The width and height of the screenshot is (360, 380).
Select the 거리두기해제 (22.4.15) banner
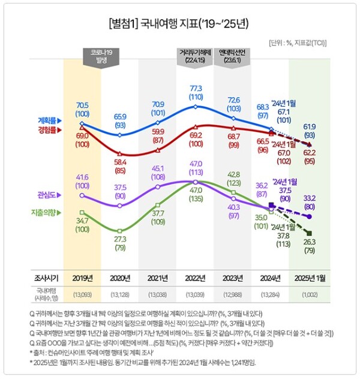pos(193,56)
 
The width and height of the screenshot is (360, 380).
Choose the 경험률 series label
pos(50,128)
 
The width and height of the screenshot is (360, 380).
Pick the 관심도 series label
pos(50,194)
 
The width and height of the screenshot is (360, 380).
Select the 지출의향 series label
pos(47,212)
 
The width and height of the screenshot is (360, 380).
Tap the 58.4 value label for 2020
pos(119,162)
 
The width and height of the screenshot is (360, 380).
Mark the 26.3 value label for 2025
pos(310,242)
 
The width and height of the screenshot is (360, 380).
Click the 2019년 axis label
pos(82,278)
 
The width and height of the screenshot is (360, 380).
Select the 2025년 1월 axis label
pos(309,278)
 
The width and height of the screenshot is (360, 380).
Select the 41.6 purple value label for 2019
pos(82,178)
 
